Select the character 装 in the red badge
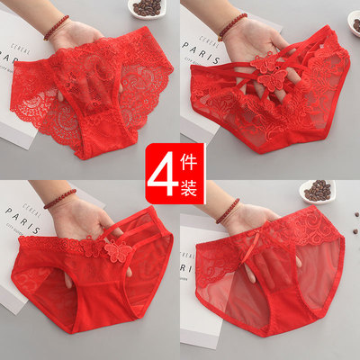coord(188,186)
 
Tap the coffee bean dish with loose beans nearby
coord(317,192)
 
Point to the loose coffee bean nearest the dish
coord(356,215)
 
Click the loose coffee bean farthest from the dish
coord(355,231)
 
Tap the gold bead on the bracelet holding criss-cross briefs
coord(220,39)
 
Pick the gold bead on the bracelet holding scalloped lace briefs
coord(46,38)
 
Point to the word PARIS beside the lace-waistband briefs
coord(22,220)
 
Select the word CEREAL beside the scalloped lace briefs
coord(21,49)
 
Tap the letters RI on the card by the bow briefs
coord(184,268)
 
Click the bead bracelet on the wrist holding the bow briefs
coord(228,211)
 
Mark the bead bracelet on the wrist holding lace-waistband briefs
coord(60,199)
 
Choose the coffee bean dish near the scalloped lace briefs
coord(145,8)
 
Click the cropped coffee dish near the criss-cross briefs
coord(354,22)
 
